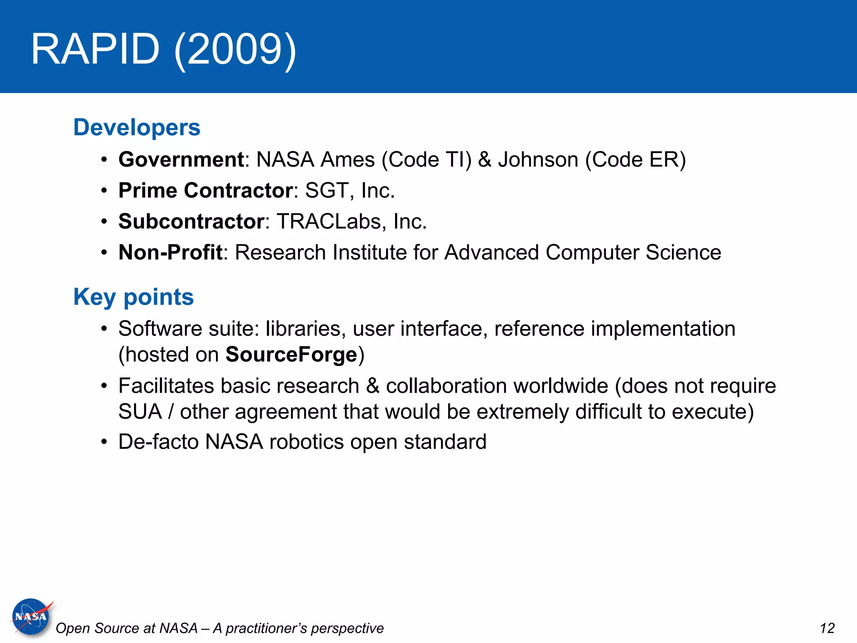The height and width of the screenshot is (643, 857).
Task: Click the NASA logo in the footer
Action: coord(31,616)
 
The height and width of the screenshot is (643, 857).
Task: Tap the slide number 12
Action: coord(827,628)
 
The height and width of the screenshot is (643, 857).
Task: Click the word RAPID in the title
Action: coord(95,49)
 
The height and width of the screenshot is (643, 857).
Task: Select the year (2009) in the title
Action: coord(235,49)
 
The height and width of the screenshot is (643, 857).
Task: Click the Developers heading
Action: coord(137,127)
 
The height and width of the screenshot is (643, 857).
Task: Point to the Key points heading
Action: coord(133,297)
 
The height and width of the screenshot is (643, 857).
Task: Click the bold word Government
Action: coord(181,159)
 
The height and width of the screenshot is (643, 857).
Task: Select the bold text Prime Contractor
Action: coord(205,190)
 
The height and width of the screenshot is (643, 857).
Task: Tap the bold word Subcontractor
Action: coord(191,221)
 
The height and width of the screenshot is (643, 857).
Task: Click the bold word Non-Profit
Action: coord(170,252)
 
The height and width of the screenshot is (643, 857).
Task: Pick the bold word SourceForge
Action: coord(291,355)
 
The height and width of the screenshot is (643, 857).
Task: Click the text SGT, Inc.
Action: coord(350,190)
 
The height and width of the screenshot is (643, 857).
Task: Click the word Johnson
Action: coord(538,159)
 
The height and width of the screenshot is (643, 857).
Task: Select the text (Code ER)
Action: coord(636,159)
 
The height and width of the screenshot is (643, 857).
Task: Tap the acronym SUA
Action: coord(140,412)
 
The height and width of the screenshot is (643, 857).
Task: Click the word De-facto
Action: coord(159,442)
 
